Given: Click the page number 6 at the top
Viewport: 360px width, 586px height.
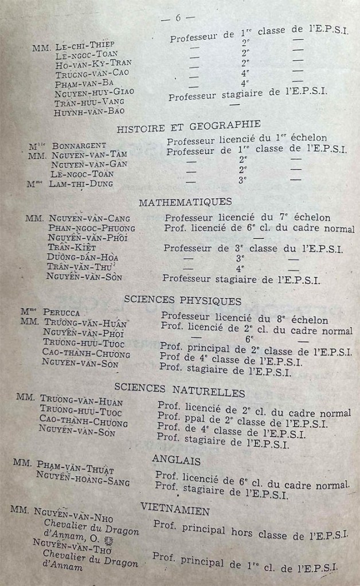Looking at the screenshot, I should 178,18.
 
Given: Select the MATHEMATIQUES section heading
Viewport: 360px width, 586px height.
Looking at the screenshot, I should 185,202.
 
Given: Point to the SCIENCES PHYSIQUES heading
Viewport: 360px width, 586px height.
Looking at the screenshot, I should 182,300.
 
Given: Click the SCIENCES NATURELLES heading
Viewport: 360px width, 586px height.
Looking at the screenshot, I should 179,391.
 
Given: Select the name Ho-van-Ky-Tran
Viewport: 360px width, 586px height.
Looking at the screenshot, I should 93,63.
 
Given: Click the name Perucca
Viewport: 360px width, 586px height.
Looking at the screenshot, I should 61,313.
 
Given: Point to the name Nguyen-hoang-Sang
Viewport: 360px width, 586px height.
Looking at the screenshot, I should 83,478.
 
